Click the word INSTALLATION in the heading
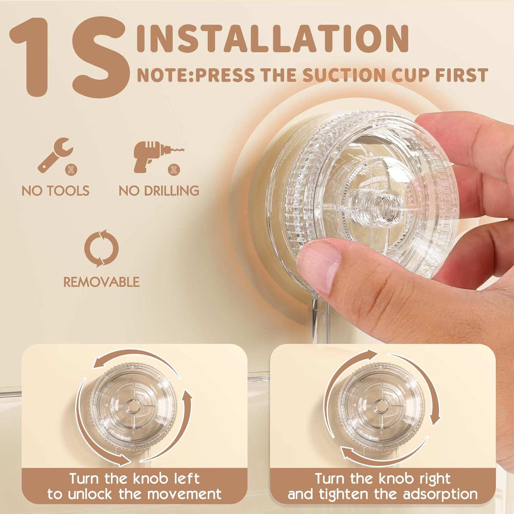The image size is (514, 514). click(x=273, y=38)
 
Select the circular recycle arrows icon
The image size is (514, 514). click(x=101, y=248)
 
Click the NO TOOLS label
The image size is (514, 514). click(x=56, y=191)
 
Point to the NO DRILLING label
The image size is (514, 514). click(x=159, y=191)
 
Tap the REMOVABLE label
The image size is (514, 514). click(x=101, y=282)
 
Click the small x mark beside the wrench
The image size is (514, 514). click(x=72, y=168)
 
